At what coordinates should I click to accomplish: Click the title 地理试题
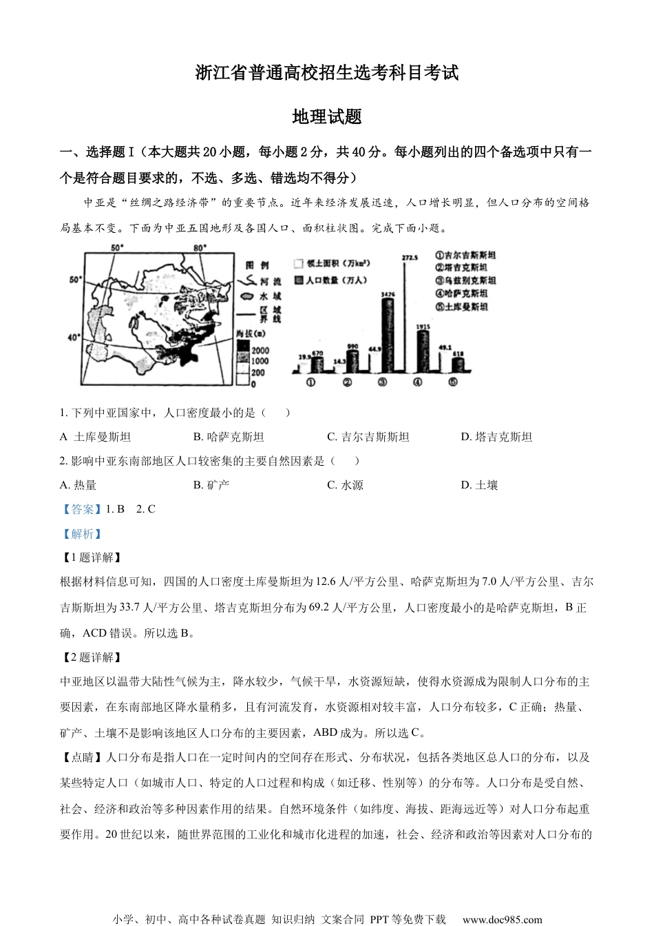coord(327,117)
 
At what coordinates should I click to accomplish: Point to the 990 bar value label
coord(353,347)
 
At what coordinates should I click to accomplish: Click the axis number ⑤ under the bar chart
coord(452,383)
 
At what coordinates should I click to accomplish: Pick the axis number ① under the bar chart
coord(310,383)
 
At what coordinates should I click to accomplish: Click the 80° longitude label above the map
coord(200,248)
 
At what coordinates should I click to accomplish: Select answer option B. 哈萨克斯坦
coord(229,437)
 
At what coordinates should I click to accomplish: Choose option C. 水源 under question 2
coord(345,485)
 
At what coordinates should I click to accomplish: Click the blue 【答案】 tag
coord(78,509)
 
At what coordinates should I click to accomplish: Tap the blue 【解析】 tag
coord(81,534)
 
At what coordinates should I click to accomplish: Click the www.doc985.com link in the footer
coord(502,919)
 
